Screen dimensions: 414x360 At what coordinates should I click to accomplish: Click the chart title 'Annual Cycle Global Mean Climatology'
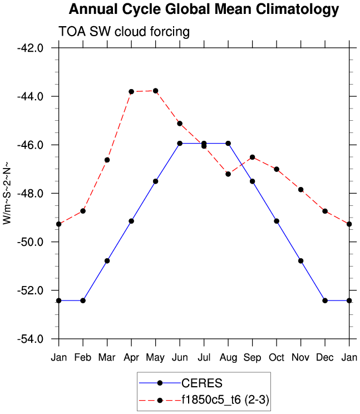tap(204, 9)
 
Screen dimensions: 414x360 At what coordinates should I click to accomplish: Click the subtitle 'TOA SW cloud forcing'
tap(124, 32)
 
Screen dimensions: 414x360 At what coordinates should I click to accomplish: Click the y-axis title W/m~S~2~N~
tap(8, 193)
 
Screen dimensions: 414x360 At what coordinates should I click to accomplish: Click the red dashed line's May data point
tap(156, 91)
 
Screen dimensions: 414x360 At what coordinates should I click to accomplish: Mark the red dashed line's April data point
tap(131, 92)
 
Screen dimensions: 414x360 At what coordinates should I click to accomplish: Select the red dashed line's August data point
tap(228, 174)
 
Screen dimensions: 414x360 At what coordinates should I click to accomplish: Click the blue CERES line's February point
tap(83, 300)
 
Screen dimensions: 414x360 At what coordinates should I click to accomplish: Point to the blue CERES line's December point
tap(325, 300)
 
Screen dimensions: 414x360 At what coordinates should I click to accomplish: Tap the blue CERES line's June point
tap(180, 143)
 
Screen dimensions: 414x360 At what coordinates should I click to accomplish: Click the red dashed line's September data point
tap(252, 157)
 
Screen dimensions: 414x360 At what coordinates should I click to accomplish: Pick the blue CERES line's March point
tap(107, 260)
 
